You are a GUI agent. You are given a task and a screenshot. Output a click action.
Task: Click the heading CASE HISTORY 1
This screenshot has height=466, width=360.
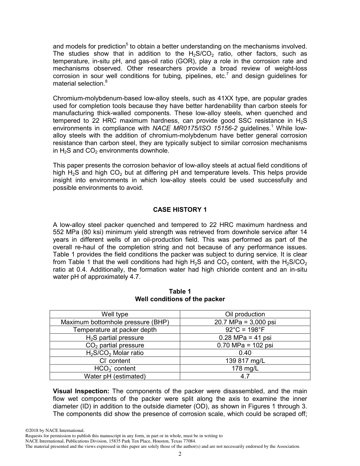click(180, 210)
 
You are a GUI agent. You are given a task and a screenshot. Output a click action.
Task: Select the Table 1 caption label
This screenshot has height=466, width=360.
click(180, 291)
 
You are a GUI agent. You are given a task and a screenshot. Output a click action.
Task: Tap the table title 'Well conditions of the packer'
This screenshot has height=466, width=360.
click(180, 299)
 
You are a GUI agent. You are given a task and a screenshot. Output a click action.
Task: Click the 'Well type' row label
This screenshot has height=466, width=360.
click(114, 314)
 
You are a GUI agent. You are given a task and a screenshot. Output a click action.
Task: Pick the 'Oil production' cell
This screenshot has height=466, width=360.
click(245, 314)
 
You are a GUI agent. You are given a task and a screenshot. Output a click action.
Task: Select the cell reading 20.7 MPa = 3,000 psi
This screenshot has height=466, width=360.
click(245, 322)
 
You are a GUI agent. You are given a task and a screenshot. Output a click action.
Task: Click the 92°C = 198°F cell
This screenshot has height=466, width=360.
click(245, 330)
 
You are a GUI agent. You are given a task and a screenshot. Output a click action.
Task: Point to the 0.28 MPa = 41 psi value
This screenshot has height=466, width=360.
click(245, 338)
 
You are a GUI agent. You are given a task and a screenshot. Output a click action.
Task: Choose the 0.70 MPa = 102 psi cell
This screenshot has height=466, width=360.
click(245, 345)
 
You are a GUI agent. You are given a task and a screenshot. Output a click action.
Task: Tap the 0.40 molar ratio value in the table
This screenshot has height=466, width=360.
click(245, 353)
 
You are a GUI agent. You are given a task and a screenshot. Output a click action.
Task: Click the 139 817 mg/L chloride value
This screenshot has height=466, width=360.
click(245, 361)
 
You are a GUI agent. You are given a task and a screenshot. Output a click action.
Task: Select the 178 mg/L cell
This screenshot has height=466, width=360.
click(245, 368)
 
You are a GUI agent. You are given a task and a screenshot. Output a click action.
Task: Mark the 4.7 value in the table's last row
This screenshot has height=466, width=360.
click(245, 376)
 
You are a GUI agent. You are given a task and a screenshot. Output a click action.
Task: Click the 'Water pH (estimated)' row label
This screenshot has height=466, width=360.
click(114, 376)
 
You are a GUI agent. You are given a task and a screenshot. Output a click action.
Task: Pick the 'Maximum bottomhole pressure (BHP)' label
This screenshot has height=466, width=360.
click(114, 322)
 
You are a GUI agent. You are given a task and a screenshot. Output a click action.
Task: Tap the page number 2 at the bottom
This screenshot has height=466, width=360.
click(180, 454)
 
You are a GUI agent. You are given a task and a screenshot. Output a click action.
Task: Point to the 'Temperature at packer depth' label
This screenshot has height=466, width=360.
click(114, 330)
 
